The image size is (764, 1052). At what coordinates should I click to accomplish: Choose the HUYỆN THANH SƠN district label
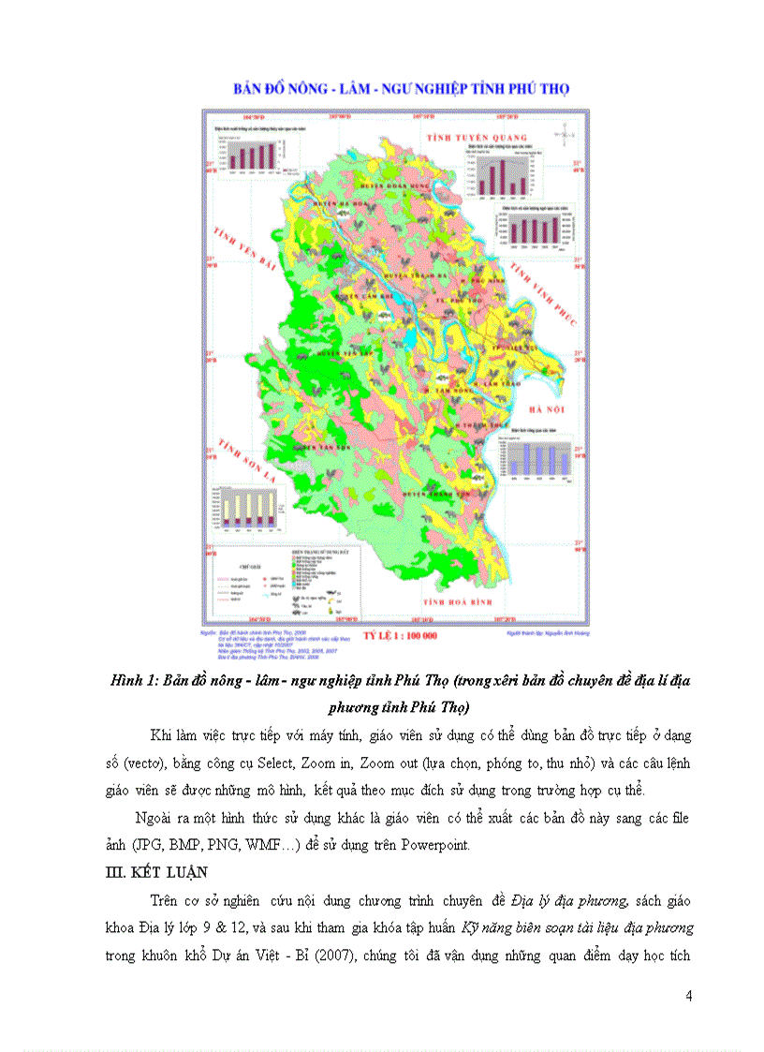[435, 490]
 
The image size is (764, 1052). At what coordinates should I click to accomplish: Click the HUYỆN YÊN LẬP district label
[339, 354]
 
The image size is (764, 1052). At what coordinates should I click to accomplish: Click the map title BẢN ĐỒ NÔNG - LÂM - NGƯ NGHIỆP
[402, 89]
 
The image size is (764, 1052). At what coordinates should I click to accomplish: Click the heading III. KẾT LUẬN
[154, 872]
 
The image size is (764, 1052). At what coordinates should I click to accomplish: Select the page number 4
[688, 996]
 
